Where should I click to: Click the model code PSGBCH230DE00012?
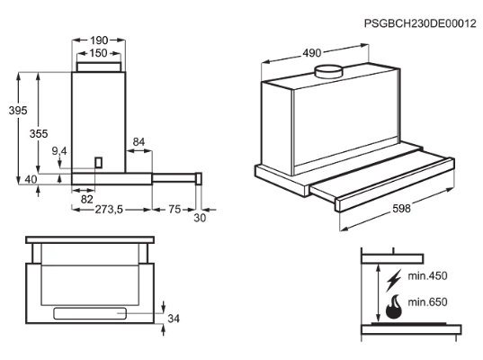(x=420, y=23)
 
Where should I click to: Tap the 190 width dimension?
(x=99, y=40)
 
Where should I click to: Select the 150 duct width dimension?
(x=98, y=53)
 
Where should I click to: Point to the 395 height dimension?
(x=18, y=111)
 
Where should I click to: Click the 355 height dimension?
(x=39, y=134)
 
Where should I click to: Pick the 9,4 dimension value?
(x=59, y=151)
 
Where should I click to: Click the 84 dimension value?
(x=139, y=142)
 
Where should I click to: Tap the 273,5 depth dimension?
(x=109, y=210)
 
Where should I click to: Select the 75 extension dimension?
(x=174, y=210)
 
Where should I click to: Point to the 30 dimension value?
(x=200, y=218)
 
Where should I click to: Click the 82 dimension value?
(x=87, y=200)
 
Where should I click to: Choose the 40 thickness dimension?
(x=31, y=179)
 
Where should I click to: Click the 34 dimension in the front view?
(x=174, y=319)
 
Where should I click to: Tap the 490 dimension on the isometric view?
(x=312, y=53)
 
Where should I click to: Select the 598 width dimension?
(x=401, y=209)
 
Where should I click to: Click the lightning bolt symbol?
(x=394, y=280)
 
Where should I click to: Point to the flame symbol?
(x=394, y=307)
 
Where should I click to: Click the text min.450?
(x=427, y=275)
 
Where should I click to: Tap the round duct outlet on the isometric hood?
(x=328, y=71)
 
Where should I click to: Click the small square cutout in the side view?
(x=98, y=162)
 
